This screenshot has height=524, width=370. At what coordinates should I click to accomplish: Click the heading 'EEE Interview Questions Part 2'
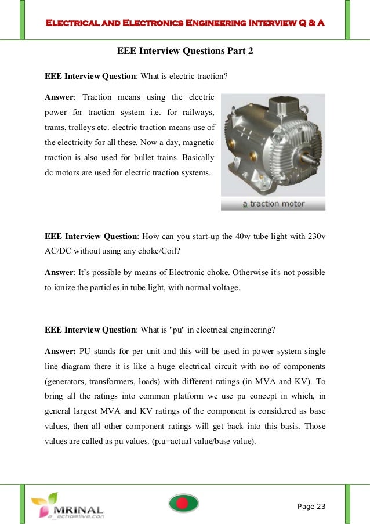(x=185, y=51)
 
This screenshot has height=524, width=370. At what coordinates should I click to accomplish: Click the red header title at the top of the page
(x=185, y=23)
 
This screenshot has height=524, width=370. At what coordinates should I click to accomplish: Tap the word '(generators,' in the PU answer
(x=67, y=382)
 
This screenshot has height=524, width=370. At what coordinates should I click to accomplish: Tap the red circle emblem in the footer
(x=184, y=503)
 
